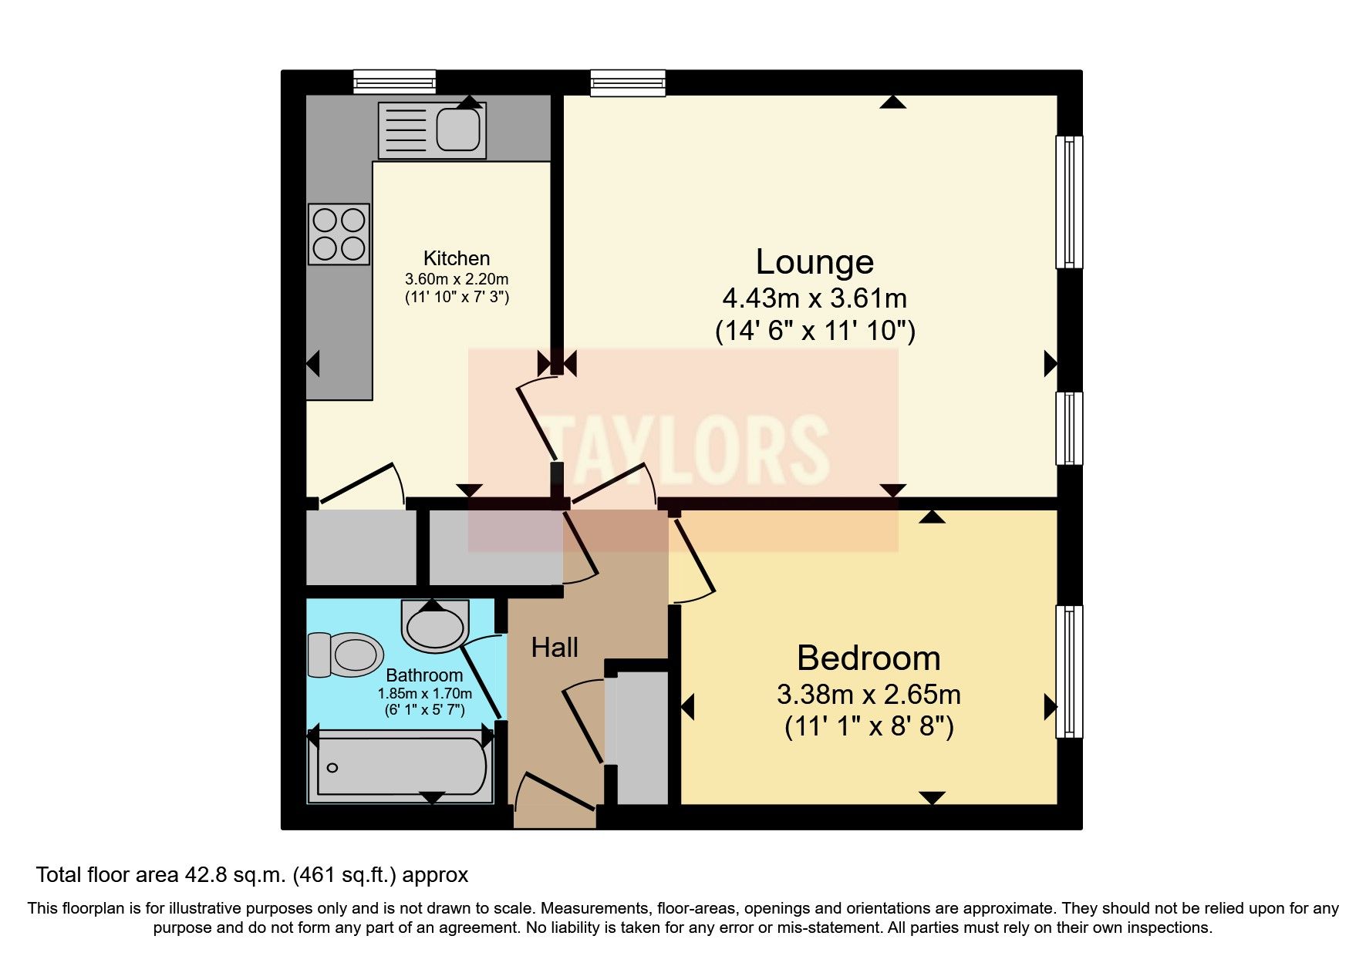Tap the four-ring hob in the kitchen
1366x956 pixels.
pos(339,234)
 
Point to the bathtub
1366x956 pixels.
pos(401,767)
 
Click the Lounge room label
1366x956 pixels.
pos(815,262)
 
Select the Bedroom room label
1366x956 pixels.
pos(869,658)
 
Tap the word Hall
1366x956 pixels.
pos(555,648)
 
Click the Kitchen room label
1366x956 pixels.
pos(457,258)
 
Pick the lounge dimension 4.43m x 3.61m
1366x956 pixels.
pos(815,298)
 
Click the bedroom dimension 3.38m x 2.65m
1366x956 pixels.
pos(869,695)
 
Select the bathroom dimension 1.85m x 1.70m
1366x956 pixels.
pos(424,693)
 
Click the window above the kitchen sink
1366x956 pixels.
pos(395,82)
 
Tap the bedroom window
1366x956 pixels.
pos(1068,671)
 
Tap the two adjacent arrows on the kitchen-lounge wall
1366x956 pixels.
pos(557,362)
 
